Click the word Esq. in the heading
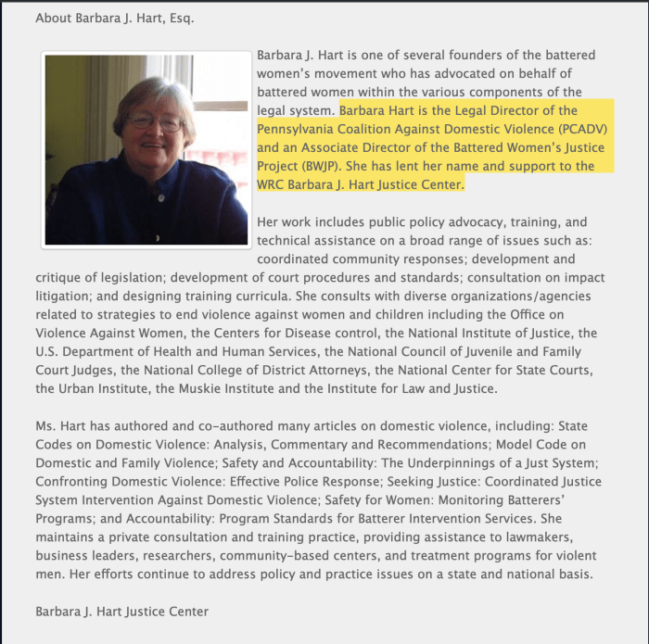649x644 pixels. point(180,18)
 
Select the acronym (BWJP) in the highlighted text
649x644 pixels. point(312,166)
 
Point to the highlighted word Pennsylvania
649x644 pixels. point(298,128)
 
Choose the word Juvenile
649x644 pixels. point(489,351)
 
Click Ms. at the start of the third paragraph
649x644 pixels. point(46,425)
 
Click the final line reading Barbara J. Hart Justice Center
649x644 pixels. point(121,611)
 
